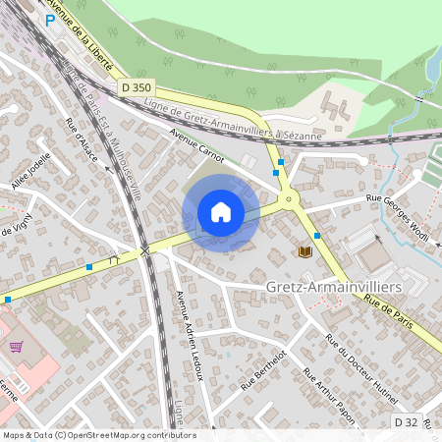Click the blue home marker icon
[221, 212]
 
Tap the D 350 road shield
[138, 87]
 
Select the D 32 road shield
[408, 421]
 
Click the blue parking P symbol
[50, 19]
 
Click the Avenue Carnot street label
[197, 144]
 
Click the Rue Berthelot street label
[267, 370]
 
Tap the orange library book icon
[304, 252]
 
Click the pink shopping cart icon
[17, 347]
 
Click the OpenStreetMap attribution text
[98, 435]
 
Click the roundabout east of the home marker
[289, 200]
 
